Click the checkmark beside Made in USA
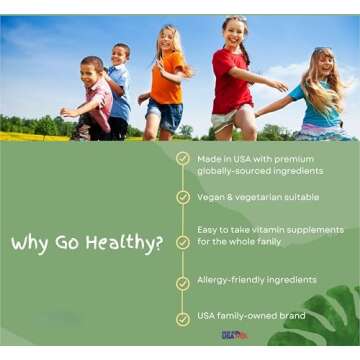(182, 158)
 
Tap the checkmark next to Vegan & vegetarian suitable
(182, 197)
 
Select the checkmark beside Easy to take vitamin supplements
(182, 242)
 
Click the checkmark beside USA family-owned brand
(182, 319)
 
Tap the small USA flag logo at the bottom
(233, 334)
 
